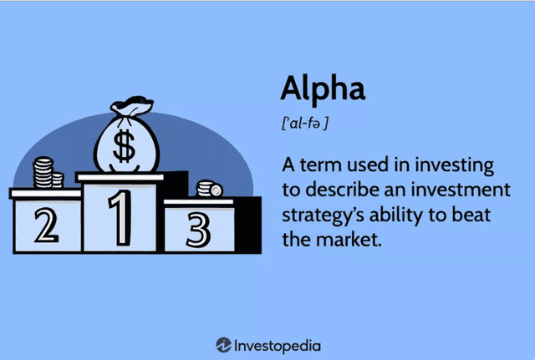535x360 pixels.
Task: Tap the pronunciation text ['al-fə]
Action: pyautogui.click(x=304, y=123)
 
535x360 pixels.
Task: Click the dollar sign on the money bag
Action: pyautogui.click(x=124, y=146)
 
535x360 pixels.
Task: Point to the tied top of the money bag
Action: pyautogui.click(x=132, y=106)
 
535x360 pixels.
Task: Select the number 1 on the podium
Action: pyautogui.click(x=120, y=217)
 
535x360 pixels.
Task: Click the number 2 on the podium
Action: pyautogui.click(x=47, y=225)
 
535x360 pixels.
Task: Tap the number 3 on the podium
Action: pyautogui.click(x=198, y=230)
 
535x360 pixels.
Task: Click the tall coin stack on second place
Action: pyautogui.click(x=43, y=172)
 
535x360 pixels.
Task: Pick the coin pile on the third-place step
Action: pyautogui.click(x=209, y=189)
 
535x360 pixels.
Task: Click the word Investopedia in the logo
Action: pyautogui.click(x=278, y=346)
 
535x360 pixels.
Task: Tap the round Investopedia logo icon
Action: pyautogui.click(x=223, y=345)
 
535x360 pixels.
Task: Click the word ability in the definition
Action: pyautogui.click(x=395, y=215)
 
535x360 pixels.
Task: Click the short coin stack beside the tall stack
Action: pyautogui.click(x=58, y=180)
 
